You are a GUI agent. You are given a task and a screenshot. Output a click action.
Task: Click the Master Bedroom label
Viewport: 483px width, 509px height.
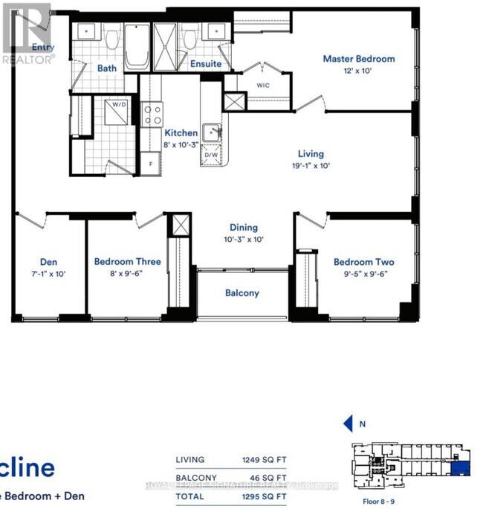[x=358, y=59]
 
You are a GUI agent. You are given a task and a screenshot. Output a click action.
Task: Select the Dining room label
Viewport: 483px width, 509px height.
[x=243, y=228]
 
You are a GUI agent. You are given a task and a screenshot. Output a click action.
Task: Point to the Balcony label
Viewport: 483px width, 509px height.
[x=242, y=293]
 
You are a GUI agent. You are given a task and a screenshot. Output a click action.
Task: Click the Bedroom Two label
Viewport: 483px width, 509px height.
[x=363, y=262]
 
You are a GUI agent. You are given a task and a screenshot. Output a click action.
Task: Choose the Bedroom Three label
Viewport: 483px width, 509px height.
[x=127, y=262]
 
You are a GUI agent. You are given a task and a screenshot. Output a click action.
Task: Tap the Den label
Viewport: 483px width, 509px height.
[x=49, y=262]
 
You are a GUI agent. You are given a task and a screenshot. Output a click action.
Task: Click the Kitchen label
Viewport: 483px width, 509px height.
[x=181, y=132]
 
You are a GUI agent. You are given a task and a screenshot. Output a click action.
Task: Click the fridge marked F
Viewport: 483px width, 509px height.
[x=152, y=163]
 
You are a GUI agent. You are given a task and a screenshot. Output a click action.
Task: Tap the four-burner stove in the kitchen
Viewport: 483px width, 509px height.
[x=153, y=114]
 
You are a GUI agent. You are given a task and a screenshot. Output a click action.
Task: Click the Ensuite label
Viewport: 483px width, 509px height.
[x=205, y=64]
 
